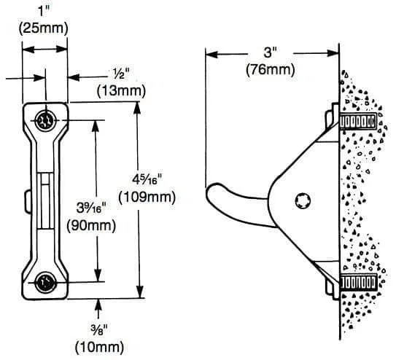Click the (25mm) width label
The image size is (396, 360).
click(x=43, y=28)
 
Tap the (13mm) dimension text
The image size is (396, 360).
click(x=121, y=91)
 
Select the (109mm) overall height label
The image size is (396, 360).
click(x=147, y=197)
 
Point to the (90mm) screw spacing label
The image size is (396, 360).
click(x=91, y=225)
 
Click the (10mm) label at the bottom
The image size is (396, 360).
click(x=99, y=347)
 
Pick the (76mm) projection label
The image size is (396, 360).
click(x=271, y=69)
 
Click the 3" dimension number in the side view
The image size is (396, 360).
click(x=271, y=52)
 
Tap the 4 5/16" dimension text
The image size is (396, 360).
click(x=147, y=179)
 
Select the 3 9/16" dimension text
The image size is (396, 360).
click(x=91, y=208)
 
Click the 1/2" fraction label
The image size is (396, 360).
click(x=121, y=74)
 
